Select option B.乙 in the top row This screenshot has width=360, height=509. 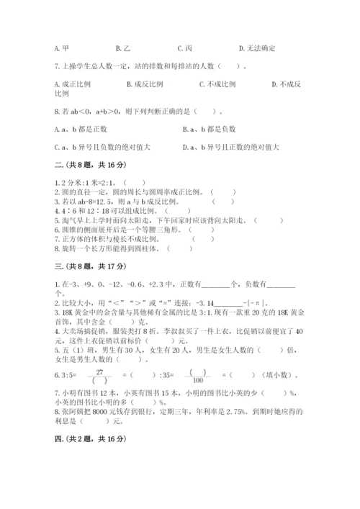pos(132,48)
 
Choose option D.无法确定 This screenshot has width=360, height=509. pos(258,48)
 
